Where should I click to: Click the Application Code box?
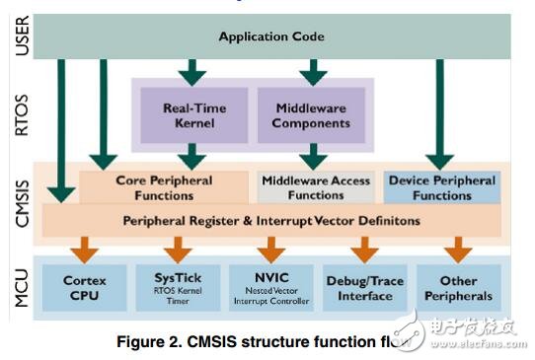coord(270,37)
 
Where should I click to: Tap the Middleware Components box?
coord(311,115)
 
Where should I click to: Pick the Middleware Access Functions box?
coord(316,187)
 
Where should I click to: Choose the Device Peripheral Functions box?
coord(441,187)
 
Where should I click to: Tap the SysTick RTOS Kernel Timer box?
coord(178,288)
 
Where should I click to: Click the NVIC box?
coord(270,288)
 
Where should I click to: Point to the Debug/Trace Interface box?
coord(363,288)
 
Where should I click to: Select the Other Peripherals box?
coord(457,288)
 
